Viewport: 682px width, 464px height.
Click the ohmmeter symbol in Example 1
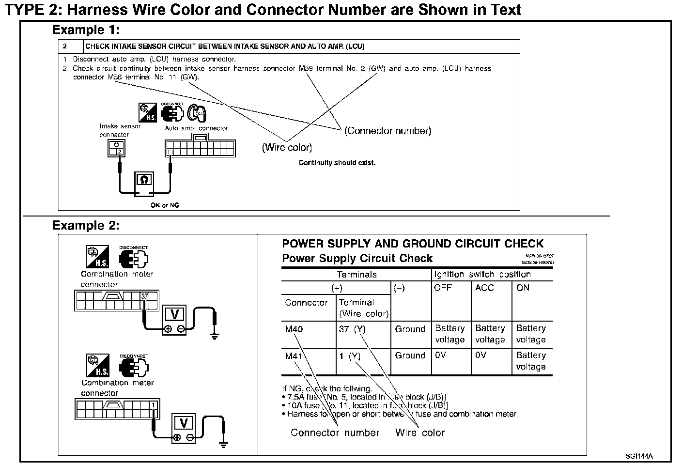[x=144, y=180]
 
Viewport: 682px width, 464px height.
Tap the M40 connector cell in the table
[x=294, y=329]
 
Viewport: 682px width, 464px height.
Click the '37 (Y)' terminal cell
[x=352, y=329]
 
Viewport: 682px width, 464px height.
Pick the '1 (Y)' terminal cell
[x=350, y=356]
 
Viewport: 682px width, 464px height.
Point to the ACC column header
[x=484, y=288]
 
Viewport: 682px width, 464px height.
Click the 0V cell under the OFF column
[x=440, y=355]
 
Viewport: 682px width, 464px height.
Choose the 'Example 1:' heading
[x=86, y=30]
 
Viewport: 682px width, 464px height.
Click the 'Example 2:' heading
[x=86, y=226]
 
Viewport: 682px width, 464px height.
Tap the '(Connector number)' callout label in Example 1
[x=387, y=131]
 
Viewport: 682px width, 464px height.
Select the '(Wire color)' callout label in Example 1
[x=287, y=147]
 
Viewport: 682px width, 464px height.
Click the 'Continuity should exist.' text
[x=337, y=163]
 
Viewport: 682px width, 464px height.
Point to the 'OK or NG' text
[x=165, y=205]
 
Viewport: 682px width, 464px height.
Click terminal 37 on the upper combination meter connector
[x=144, y=296]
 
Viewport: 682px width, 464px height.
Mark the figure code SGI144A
[x=639, y=456]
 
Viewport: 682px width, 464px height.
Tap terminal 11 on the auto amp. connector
[x=170, y=152]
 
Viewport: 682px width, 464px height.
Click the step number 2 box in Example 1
[x=65, y=46]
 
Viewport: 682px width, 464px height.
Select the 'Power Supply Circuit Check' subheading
[x=357, y=258]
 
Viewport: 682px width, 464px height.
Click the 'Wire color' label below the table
[x=420, y=433]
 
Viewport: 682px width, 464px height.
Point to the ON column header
[x=523, y=288]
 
